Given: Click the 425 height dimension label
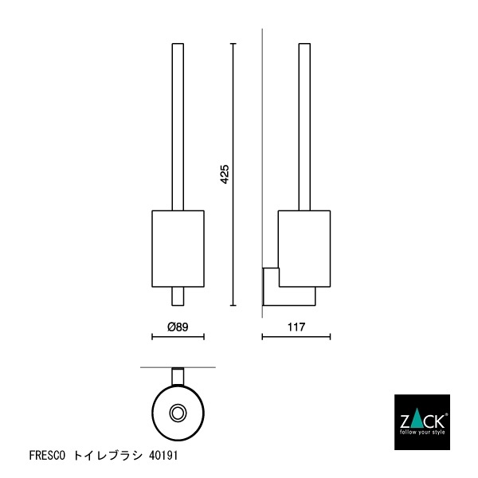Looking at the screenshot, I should coord(225,174).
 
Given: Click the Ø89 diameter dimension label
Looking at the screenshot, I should coord(178,327).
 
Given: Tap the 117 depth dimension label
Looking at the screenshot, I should coord(296,327).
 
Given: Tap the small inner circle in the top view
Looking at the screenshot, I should coord(178,413).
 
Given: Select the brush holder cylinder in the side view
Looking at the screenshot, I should coord(304,247).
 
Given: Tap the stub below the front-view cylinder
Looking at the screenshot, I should coord(178,296).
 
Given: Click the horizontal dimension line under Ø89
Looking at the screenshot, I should coord(178,337).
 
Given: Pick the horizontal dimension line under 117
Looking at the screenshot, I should coord(296,337).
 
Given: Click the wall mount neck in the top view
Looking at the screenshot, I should coord(178,376).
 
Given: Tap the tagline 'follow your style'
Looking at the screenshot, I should coord(422,433).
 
